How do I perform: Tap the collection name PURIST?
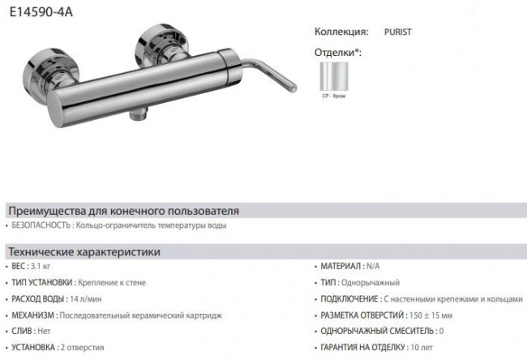click(x=401, y=33)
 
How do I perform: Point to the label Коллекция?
click(x=341, y=33)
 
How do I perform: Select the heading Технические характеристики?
click(x=84, y=252)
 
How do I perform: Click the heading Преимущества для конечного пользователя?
click(x=122, y=211)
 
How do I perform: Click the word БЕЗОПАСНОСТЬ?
click(x=37, y=225)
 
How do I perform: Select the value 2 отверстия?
click(x=83, y=347)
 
